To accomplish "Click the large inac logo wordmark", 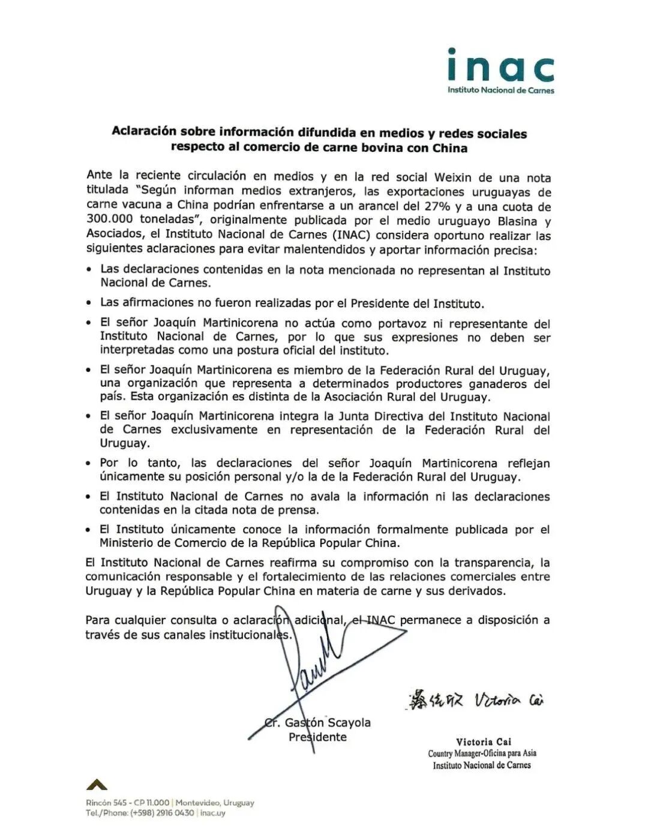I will (500, 66).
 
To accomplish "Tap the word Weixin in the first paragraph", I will (455, 178).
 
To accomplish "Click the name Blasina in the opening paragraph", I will (515, 221).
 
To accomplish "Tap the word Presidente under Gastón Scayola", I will (317, 737).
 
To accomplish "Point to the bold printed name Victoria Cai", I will (483, 741).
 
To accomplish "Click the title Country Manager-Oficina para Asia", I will (482, 753).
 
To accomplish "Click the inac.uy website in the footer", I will (213, 813).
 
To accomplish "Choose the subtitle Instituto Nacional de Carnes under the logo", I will (500, 91).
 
